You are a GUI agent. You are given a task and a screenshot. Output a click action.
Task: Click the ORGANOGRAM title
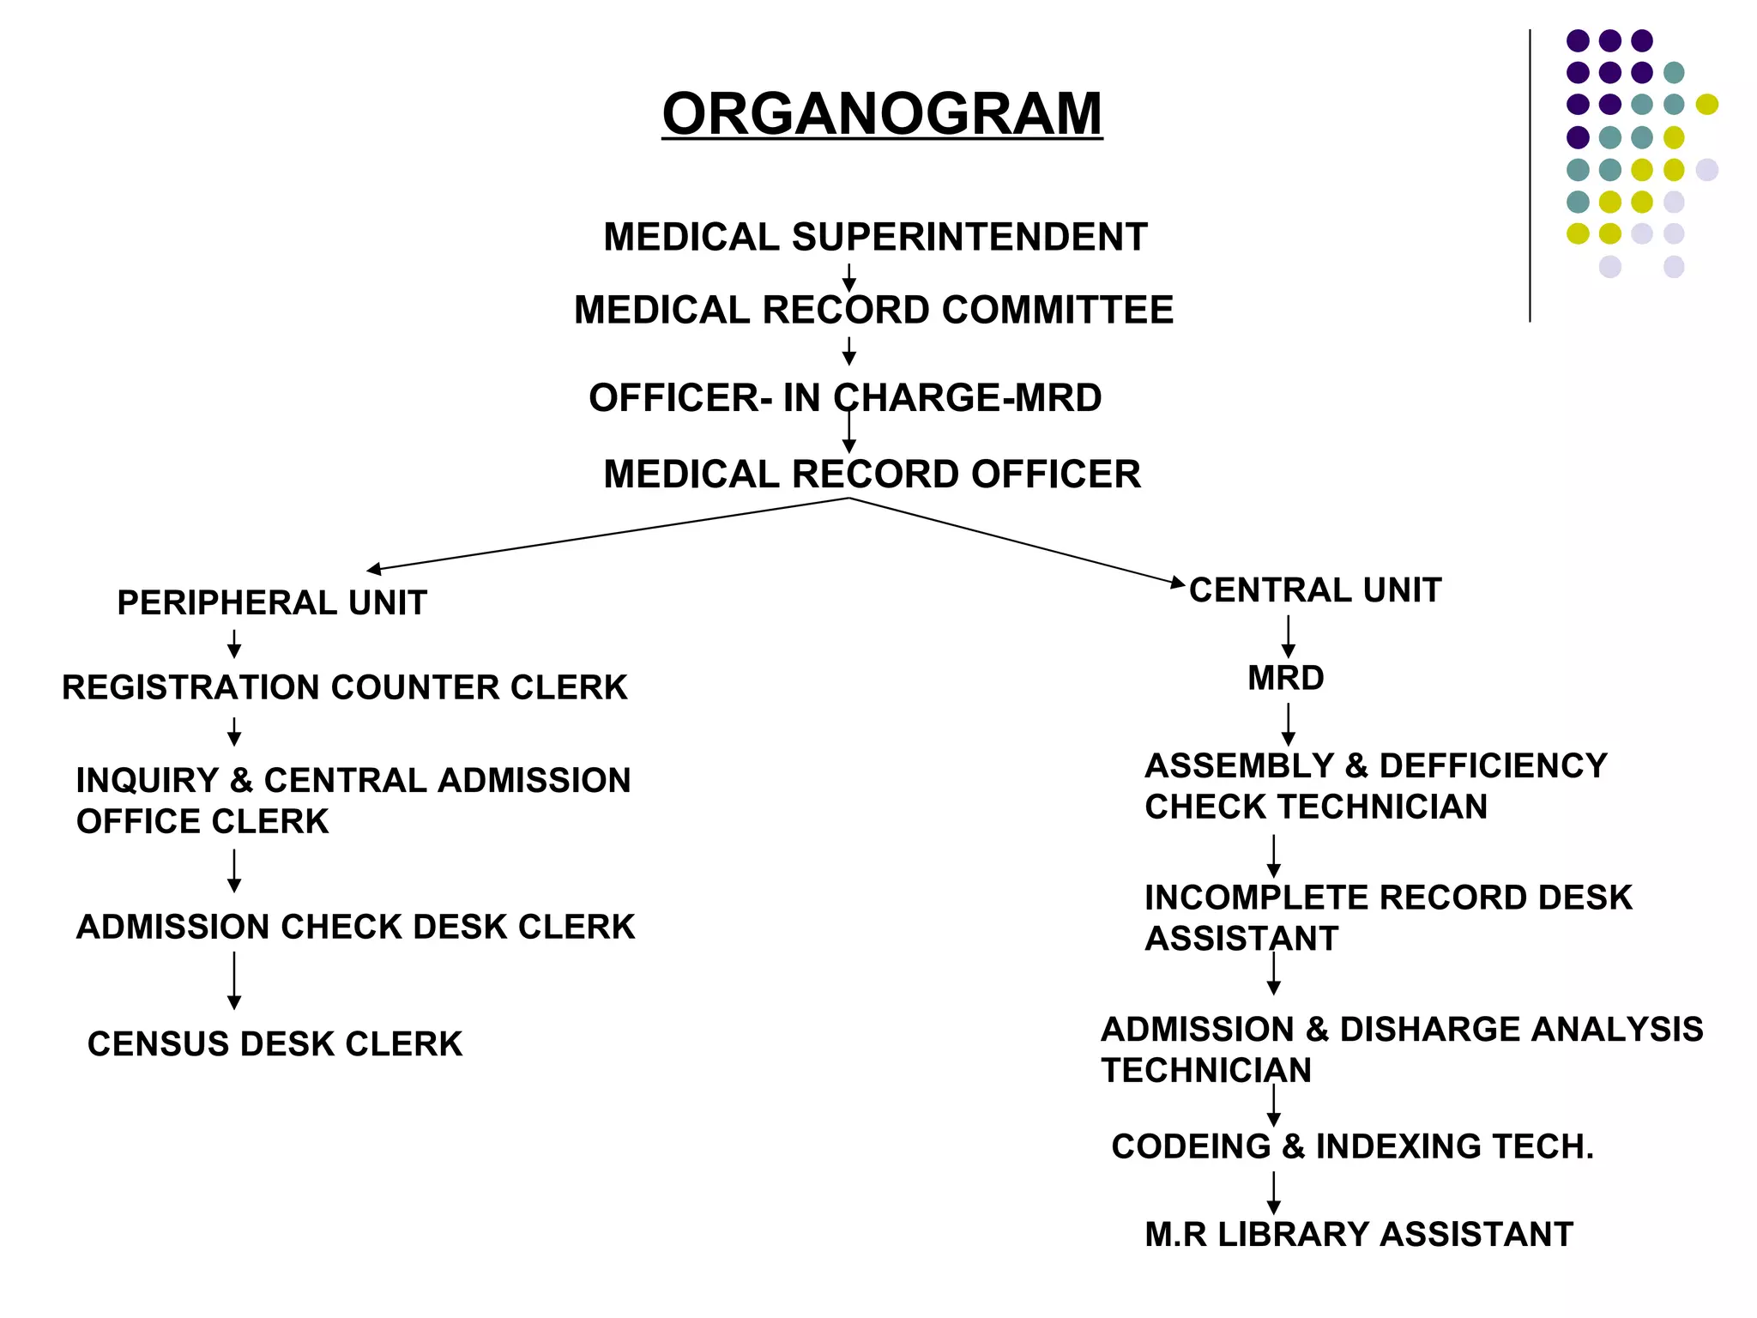[x=882, y=113]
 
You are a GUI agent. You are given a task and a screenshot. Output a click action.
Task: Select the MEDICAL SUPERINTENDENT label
[x=875, y=237]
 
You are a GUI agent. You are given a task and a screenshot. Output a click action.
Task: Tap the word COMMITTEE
[x=1057, y=310]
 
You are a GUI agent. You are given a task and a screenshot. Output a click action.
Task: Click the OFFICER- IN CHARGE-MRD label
[x=845, y=398]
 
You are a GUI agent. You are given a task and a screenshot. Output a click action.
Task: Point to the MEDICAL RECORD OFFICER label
[x=872, y=475]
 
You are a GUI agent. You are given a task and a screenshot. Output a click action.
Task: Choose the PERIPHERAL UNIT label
[x=272, y=603]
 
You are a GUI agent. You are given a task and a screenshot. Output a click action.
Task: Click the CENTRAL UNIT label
[x=1315, y=590]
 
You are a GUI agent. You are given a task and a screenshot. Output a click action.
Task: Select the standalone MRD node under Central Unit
[x=1286, y=679]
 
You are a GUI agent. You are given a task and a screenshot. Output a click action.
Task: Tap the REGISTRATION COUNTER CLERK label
[x=344, y=688]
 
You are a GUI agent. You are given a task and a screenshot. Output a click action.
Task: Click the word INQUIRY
[x=148, y=781]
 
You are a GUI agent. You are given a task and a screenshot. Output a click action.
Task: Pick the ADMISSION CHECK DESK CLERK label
[x=355, y=928]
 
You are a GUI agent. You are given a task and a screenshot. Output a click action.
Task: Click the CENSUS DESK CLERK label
[x=275, y=1044]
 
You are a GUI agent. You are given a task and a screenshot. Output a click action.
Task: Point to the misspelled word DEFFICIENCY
[x=1493, y=765]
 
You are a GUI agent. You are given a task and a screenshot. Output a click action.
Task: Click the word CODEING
[x=1191, y=1147]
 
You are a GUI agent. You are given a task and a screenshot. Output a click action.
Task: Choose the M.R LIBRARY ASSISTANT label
[x=1359, y=1235]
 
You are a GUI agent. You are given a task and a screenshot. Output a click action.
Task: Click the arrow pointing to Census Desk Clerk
[x=234, y=980]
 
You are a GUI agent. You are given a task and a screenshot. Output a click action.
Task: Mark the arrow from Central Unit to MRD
[x=1288, y=637]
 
